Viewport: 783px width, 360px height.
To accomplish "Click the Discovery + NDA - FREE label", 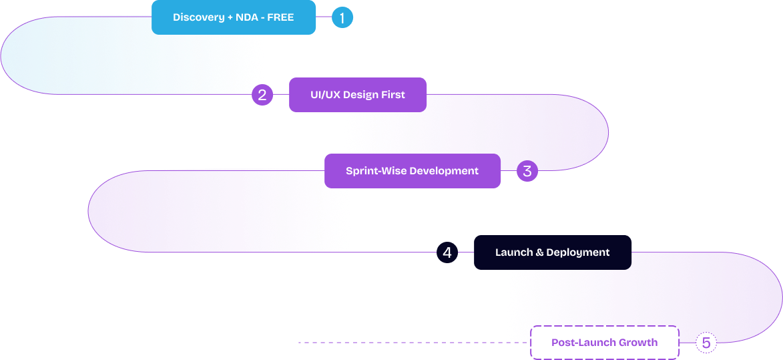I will pos(233,17).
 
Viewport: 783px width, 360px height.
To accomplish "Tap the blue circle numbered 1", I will pos(342,18).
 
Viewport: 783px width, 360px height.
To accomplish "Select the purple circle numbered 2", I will pos(262,96).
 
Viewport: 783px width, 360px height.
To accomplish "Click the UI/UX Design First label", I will pos(357,95).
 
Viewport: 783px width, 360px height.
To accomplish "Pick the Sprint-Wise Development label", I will pos(412,171).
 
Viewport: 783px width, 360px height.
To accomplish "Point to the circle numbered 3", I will pos(527,171).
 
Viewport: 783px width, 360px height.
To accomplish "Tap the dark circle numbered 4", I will pos(447,252).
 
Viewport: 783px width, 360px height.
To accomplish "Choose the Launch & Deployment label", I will pos(552,252).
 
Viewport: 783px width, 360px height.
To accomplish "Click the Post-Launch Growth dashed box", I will pos(604,343).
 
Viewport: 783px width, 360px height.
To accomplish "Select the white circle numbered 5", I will pos(706,343).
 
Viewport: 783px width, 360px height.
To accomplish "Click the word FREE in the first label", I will pos(280,17).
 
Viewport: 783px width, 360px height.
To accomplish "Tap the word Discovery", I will pos(198,17).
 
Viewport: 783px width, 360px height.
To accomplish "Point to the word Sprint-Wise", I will pos(376,171).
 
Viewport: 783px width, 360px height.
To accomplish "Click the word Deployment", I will pos(578,252).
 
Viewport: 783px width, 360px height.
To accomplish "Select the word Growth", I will pos(638,343).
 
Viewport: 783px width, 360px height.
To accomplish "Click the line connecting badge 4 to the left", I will pos(394,252).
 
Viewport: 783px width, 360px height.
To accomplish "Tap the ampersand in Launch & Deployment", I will pos(539,252).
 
